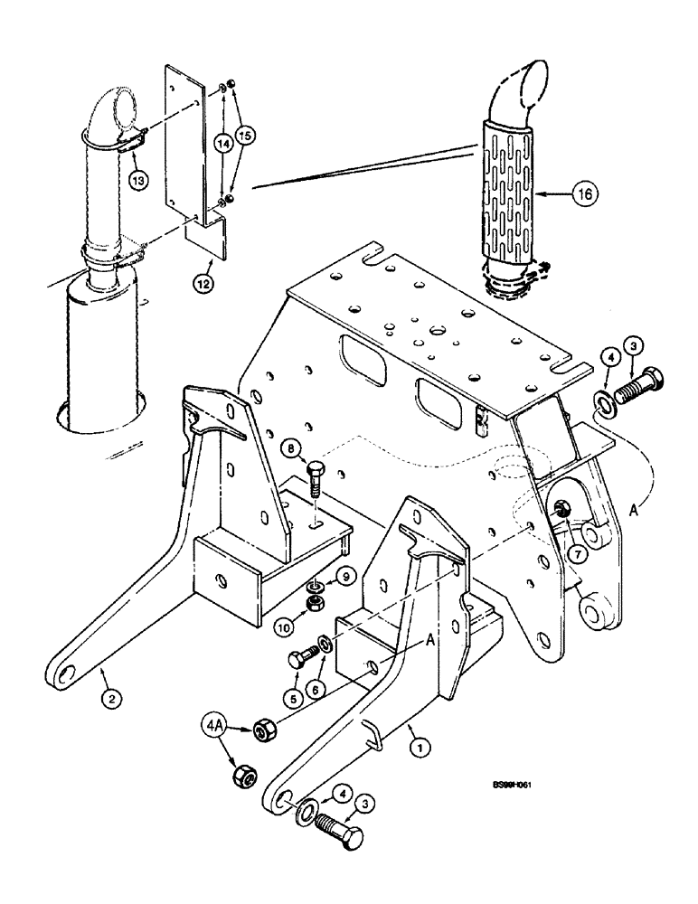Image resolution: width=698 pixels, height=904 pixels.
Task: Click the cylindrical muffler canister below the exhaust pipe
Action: (x=99, y=362)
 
